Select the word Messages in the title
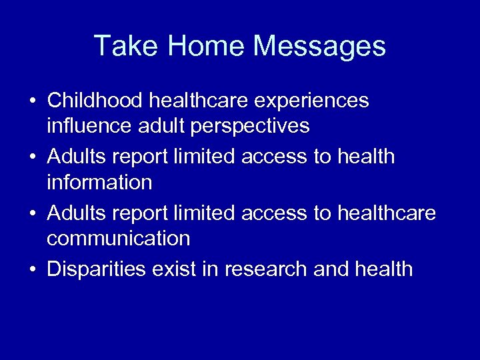pos(319,46)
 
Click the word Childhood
pos(95,101)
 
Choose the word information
pos(100,181)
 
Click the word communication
pos(119,238)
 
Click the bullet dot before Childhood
pos(32,101)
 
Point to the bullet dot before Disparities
pos(32,269)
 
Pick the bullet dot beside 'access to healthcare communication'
pos(32,214)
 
